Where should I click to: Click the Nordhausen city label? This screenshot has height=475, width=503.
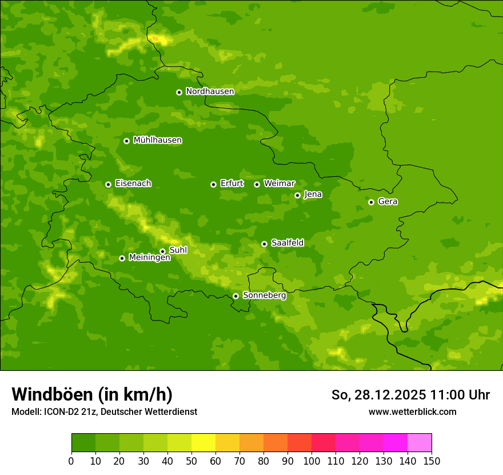pyautogui.click(x=210, y=92)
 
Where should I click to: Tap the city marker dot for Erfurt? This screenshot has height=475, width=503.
pyautogui.click(x=213, y=184)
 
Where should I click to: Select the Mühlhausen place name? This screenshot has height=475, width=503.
pyautogui.click(x=157, y=140)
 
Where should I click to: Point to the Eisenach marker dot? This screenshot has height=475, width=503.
pyautogui.click(x=108, y=184)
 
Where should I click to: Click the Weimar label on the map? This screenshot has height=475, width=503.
pyautogui.click(x=279, y=184)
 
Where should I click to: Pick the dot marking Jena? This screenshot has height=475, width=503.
pyautogui.click(x=297, y=195)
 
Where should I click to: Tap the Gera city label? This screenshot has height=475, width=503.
pyautogui.click(x=388, y=201)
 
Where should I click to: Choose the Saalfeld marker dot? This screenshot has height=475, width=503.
pyautogui.click(x=264, y=244)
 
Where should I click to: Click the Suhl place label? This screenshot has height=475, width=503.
pyautogui.click(x=178, y=250)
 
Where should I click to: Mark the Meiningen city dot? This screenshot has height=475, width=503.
pyautogui.click(x=122, y=258)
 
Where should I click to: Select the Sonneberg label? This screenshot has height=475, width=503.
pyautogui.click(x=264, y=295)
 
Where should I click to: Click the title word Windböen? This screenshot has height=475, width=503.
pyautogui.click(x=52, y=394)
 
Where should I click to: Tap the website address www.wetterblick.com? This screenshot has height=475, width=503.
pyautogui.click(x=412, y=411)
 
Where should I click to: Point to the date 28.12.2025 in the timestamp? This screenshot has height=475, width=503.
pyautogui.click(x=390, y=395)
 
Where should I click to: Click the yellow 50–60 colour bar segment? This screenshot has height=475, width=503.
pyautogui.click(x=203, y=443)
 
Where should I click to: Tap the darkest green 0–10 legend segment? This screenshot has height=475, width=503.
pyautogui.click(x=83, y=443)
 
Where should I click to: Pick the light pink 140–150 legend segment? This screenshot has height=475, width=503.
pyautogui.click(x=420, y=443)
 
